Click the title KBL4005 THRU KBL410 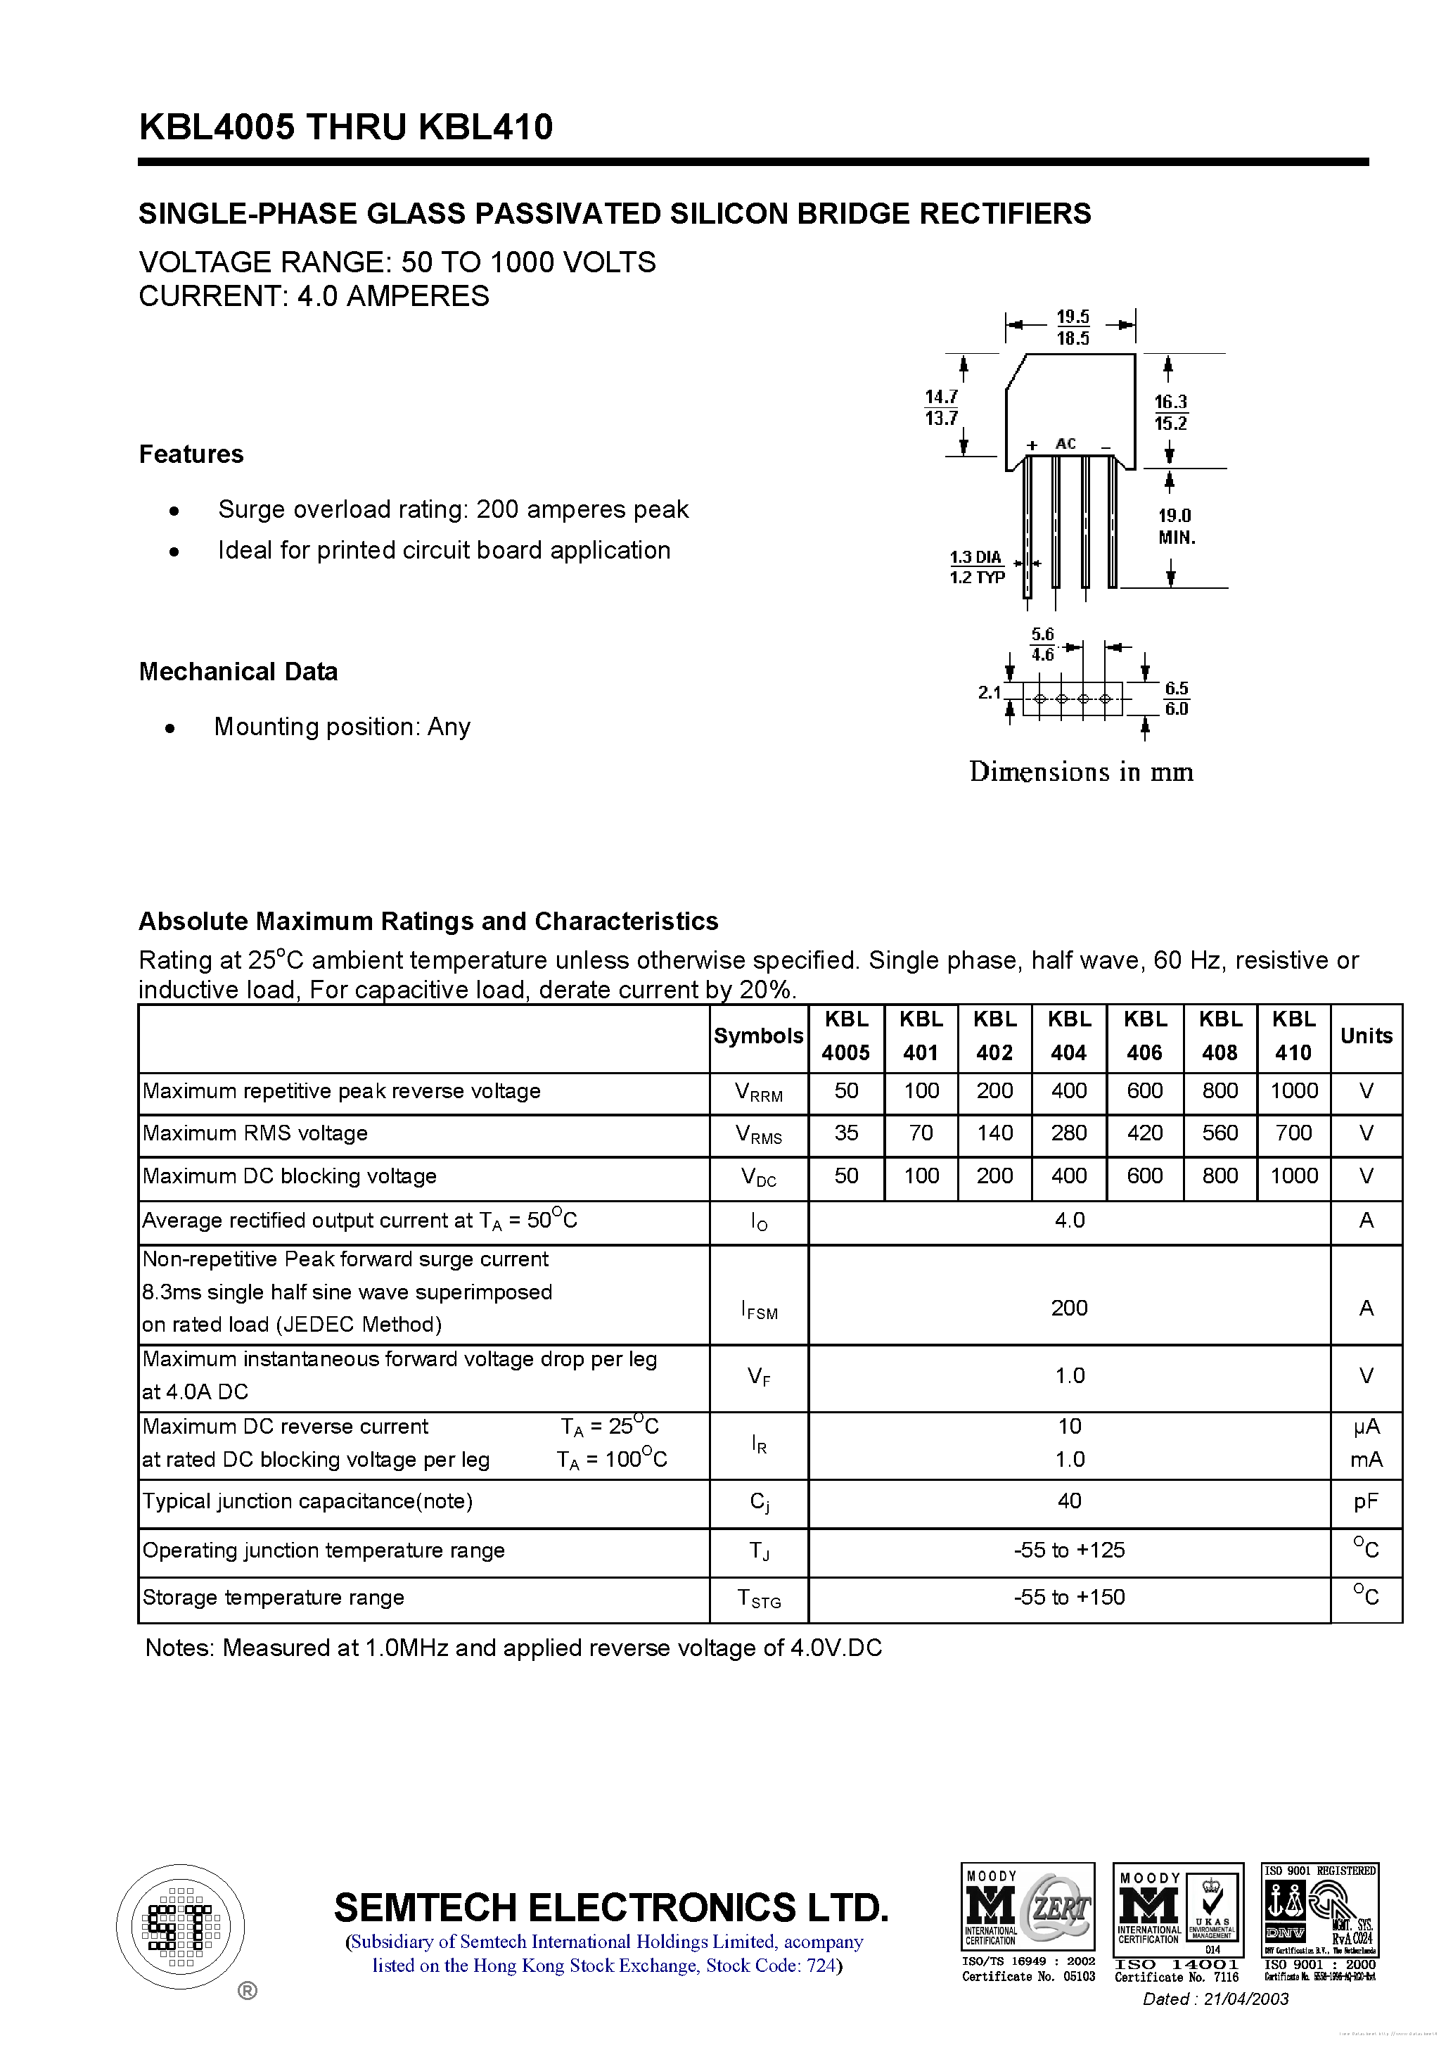coord(346,127)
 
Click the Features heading coord(191,454)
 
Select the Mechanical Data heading coord(238,671)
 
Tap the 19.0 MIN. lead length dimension coord(1175,526)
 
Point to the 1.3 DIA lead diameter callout coord(975,557)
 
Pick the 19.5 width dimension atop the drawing coord(1073,317)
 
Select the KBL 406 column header coord(1144,1036)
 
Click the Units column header coord(1365,1036)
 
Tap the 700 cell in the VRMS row coord(1293,1133)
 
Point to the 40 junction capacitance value coord(1069,1501)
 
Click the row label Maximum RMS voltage coord(255,1133)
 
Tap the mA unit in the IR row coord(1365,1460)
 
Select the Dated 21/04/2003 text coord(1215,1999)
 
